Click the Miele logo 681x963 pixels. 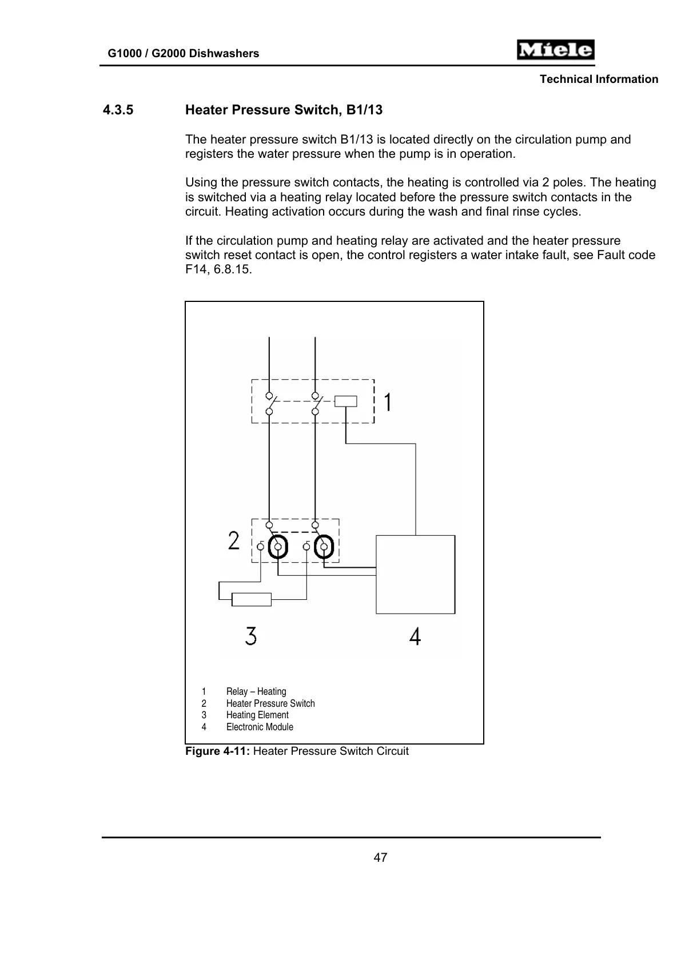pos(555,50)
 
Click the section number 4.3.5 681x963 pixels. pos(118,110)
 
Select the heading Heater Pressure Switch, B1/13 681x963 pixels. pos(284,110)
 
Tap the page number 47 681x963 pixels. pos(380,857)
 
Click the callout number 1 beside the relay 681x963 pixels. pos(388,402)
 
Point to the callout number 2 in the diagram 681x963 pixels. pos(233,540)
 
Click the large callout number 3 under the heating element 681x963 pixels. pos(251,636)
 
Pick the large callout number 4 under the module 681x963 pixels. pos(415,636)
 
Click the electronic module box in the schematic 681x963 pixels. pos(415,574)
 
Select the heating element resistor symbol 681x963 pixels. pos(251,599)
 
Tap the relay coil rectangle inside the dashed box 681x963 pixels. pos(345,401)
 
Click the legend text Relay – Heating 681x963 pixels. pos(256,691)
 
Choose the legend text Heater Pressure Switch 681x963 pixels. pos(270,703)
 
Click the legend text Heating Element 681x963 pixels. pos(257,715)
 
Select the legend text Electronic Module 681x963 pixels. pos(260,727)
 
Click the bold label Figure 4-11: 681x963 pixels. pos(217,751)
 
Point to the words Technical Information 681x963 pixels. pos(599,79)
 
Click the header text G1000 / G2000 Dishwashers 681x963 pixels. pos(184,53)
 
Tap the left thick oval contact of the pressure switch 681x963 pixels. pos(278,547)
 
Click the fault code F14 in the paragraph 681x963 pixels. pos(194,269)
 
